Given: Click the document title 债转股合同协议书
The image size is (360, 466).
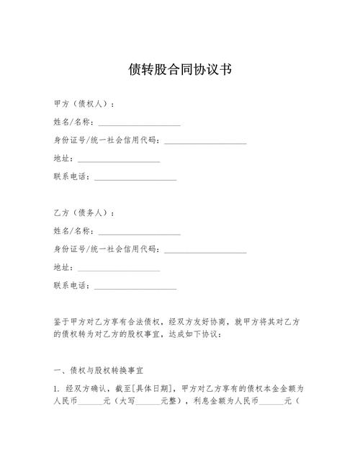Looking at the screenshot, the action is coord(180,70).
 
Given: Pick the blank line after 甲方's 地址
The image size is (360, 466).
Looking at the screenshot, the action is coord(119,158).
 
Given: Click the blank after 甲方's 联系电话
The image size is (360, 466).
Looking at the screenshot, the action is coord(135,176).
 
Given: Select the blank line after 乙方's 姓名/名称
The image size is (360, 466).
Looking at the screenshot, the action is coord(139,232).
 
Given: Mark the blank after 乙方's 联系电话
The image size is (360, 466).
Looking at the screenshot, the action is coord(135,286).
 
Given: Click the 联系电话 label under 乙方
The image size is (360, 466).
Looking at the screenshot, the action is coord(71,286).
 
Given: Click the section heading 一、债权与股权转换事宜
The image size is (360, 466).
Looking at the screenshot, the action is coord(99,370).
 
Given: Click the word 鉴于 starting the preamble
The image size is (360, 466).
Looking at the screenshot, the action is coord(62,322).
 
